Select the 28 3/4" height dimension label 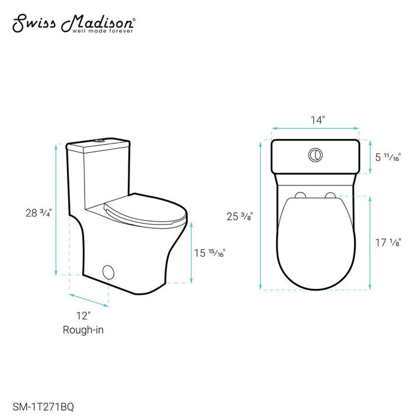click(34, 213)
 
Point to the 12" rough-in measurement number click(83, 316)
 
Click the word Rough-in click(83, 330)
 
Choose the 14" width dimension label click(317, 120)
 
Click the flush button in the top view click(316, 155)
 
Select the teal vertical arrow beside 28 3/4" click(55, 210)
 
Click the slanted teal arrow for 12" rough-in click(89, 297)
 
